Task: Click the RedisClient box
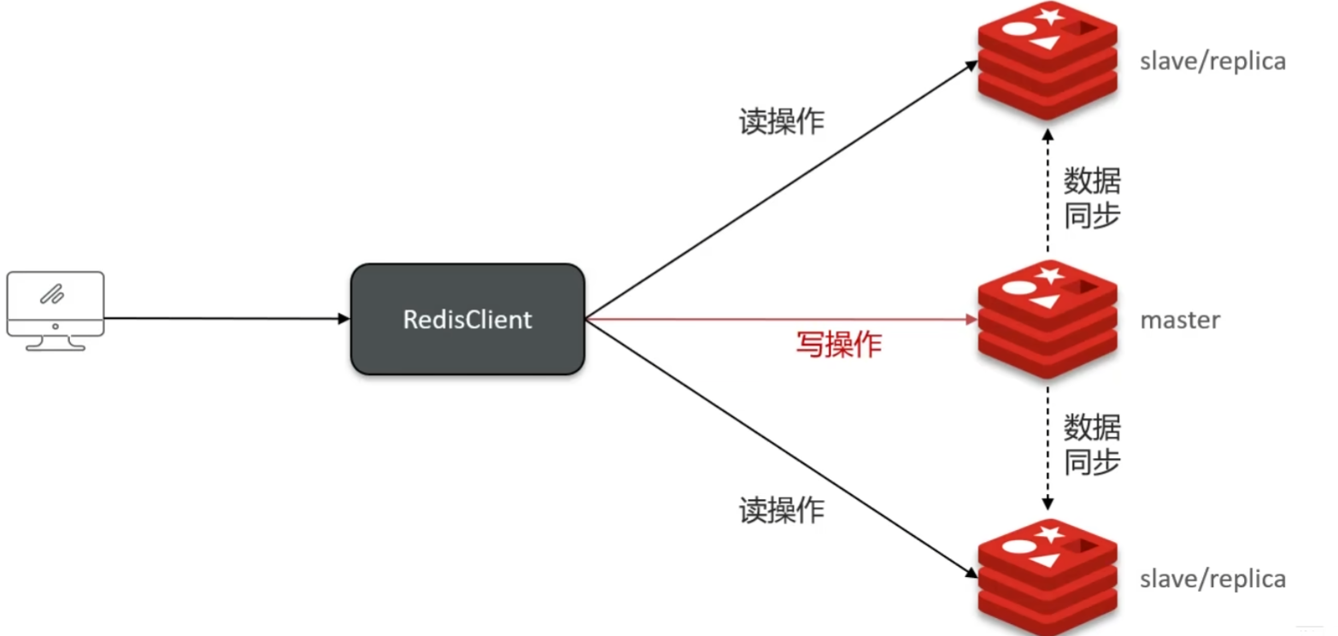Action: click(467, 319)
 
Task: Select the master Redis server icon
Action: click(1048, 320)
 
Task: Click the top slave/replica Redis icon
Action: click(1048, 62)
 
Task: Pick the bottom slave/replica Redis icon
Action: click(1048, 578)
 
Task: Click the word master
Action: click(1180, 321)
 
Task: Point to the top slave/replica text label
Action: click(1212, 62)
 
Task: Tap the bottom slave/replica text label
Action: click(1212, 579)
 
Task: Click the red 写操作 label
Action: click(838, 344)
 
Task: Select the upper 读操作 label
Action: click(781, 121)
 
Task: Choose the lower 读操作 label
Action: click(781, 510)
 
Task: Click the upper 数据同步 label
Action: click(1091, 198)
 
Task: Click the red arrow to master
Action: click(778, 320)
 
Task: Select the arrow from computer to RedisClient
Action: click(226, 319)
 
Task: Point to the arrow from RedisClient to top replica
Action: click(778, 191)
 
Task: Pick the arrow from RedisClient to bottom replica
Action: click(778, 445)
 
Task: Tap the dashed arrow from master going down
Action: click(1048, 445)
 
